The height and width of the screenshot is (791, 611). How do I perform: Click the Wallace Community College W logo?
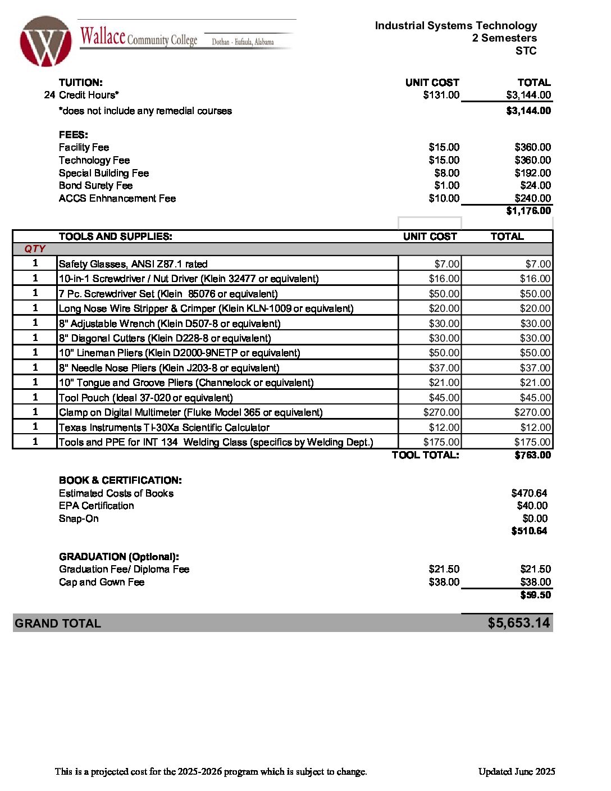point(45,42)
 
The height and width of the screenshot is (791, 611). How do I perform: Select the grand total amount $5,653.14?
point(518,623)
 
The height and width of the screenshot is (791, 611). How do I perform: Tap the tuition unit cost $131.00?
point(441,95)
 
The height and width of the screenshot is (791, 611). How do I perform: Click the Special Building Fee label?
point(104,173)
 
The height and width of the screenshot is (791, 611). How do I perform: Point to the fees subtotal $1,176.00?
point(528,211)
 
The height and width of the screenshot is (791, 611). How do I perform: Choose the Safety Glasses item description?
point(133,264)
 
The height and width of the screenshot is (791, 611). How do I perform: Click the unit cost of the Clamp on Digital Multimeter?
point(441,412)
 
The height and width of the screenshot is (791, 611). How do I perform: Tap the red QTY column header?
point(35,249)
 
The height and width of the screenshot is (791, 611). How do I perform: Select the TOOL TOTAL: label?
point(425,455)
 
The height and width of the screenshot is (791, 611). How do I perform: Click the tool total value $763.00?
point(532,455)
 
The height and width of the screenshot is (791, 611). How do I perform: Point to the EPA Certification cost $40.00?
point(532,506)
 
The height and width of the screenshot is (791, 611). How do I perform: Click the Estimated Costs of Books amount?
point(528,493)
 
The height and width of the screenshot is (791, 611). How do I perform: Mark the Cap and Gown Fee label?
point(102,582)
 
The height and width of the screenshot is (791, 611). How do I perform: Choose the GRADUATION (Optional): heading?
point(119,557)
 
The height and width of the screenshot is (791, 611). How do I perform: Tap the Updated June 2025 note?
point(517,771)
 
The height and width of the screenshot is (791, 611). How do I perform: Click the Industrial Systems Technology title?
point(455,26)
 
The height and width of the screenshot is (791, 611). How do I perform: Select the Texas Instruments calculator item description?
point(164,428)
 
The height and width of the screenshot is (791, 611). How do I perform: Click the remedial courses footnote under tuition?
point(145,111)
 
